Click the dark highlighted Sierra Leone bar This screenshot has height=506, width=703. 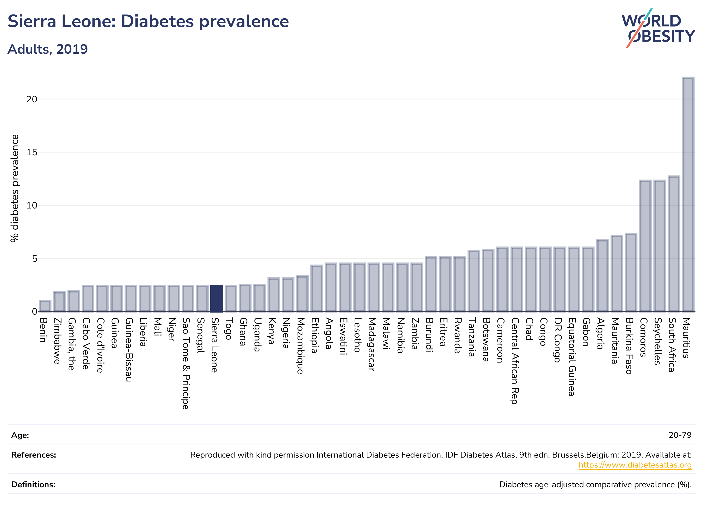[x=216, y=298]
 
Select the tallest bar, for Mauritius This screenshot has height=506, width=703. [x=688, y=194]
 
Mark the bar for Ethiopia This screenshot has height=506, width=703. [x=317, y=288]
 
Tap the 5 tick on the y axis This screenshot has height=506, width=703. [x=34, y=258]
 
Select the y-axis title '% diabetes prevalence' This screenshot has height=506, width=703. [x=14, y=188]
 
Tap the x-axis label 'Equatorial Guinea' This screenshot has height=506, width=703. [x=572, y=357]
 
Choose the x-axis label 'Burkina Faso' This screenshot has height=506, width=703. [x=629, y=346]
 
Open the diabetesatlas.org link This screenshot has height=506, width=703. [x=635, y=465]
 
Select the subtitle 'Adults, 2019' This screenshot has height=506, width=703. [x=48, y=49]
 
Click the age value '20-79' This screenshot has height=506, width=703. [x=680, y=435]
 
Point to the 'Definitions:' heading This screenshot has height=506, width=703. [x=33, y=484]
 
